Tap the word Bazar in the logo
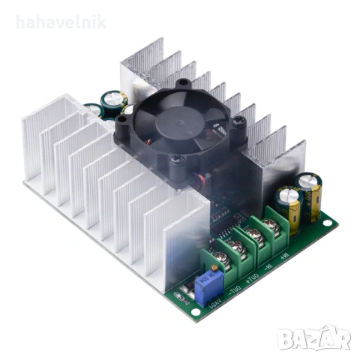pyautogui.click(x=323, y=339)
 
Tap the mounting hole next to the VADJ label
pyautogui.click(x=178, y=296)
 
